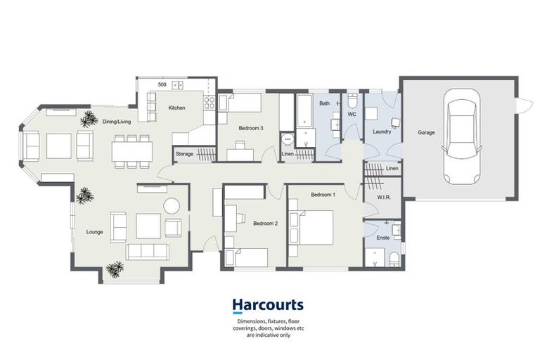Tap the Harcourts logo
click(x=268, y=305)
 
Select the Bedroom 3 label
click(x=251, y=128)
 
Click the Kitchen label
click(x=176, y=108)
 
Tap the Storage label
click(x=184, y=153)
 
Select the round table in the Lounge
click(x=172, y=205)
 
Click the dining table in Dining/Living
click(x=132, y=150)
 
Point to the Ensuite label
click(x=383, y=238)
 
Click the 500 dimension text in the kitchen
click(x=162, y=84)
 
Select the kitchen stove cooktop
click(x=209, y=103)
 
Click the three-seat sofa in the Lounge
click(x=147, y=251)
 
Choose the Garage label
click(x=426, y=132)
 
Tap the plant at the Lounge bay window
click(x=115, y=269)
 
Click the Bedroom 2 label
click(x=266, y=224)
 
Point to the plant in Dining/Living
click(x=88, y=120)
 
